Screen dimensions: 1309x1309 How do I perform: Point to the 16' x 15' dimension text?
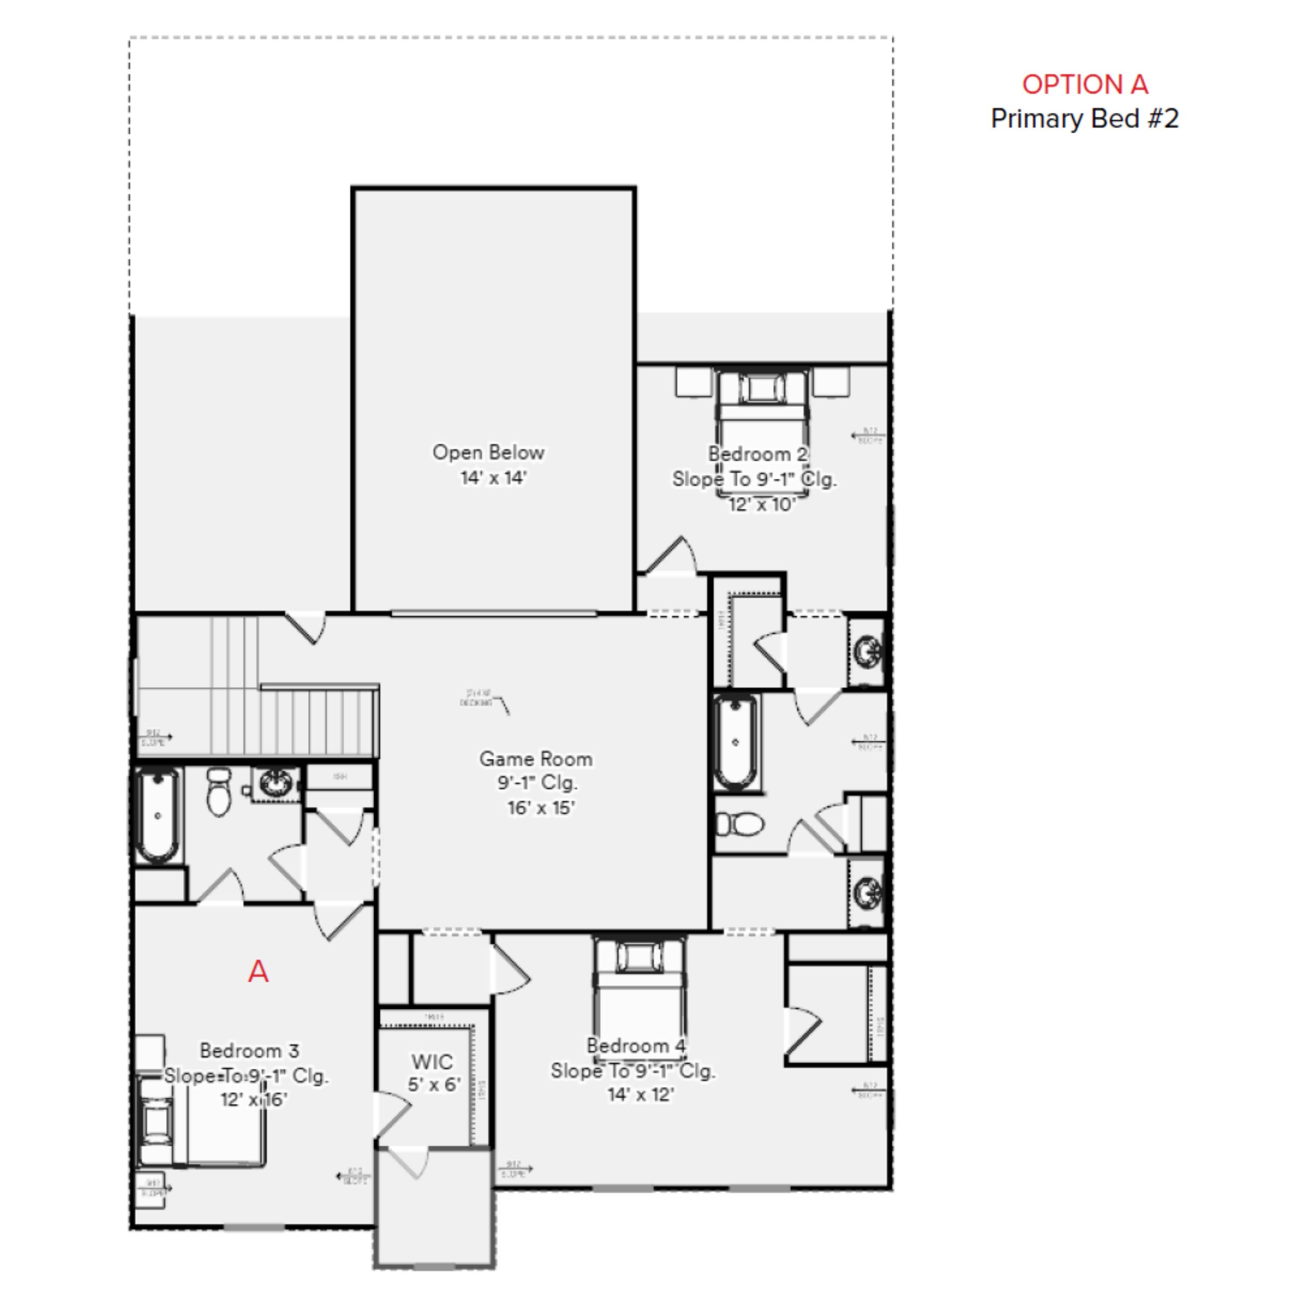click(541, 808)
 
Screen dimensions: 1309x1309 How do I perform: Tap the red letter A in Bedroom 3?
click(258, 971)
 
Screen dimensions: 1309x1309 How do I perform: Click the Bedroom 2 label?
click(758, 454)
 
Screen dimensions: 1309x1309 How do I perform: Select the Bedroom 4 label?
click(635, 1046)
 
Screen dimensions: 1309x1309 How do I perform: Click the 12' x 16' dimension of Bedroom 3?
click(254, 1099)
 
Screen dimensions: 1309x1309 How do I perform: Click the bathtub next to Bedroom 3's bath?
click(157, 815)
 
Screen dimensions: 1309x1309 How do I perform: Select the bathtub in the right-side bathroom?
click(735, 742)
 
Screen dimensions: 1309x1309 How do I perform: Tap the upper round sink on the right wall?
click(867, 652)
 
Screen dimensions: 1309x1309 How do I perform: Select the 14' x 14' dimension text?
click(493, 478)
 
